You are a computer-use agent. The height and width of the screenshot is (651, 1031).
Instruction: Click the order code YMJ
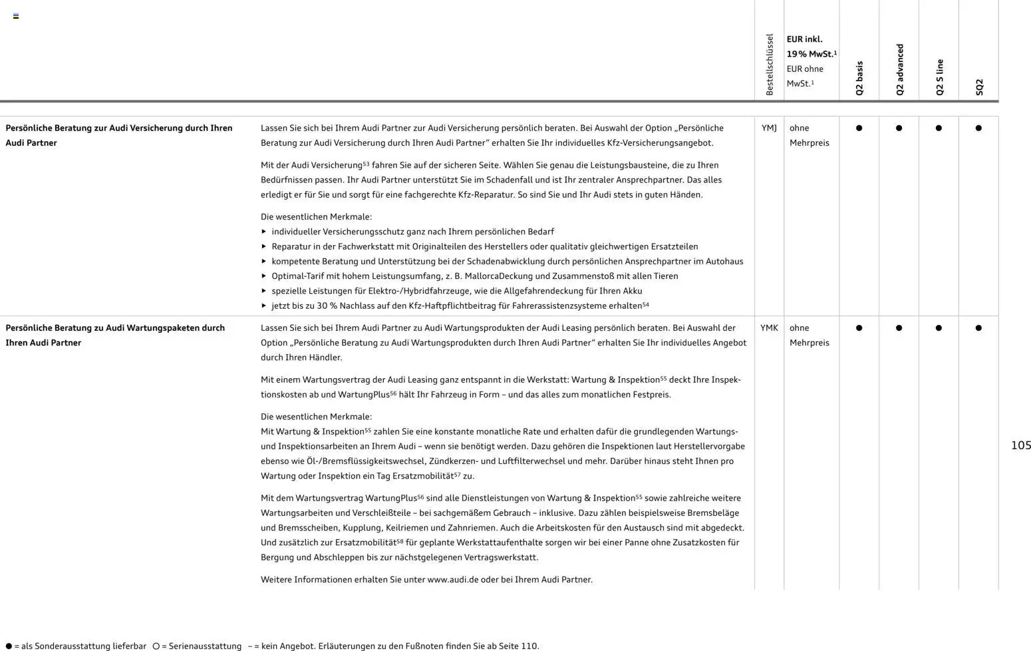pos(769,128)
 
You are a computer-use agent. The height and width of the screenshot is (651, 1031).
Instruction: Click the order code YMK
pos(769,327)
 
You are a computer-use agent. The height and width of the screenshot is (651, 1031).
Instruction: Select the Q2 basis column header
pos(859,79)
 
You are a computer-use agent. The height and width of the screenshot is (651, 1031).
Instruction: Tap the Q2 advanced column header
pos(899,70)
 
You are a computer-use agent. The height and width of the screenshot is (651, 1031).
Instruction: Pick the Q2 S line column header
pos(939,77)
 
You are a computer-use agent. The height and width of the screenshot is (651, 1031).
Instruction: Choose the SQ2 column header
pos(979,87)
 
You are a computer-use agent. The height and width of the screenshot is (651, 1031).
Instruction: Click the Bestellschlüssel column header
pos(770,65)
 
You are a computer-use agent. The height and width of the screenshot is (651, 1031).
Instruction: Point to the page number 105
pos(1020,445)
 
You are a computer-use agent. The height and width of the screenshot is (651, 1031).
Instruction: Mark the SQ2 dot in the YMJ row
pos(978,128)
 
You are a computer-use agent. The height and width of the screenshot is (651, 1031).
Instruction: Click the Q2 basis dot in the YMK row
pos(859,327)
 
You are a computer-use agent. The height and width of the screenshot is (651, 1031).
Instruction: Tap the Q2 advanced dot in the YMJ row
pos(899,128)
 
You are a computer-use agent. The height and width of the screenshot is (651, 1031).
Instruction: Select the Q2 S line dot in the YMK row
pos(939,327)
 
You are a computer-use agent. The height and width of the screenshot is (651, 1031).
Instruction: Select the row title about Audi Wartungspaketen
pos(115,335)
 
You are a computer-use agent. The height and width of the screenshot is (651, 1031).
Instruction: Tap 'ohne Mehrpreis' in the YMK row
pos(809,335)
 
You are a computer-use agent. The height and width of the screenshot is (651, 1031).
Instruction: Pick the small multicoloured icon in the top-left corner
pos(16,16)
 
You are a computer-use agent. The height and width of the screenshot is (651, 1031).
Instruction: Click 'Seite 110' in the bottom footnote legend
pos(521,646)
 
